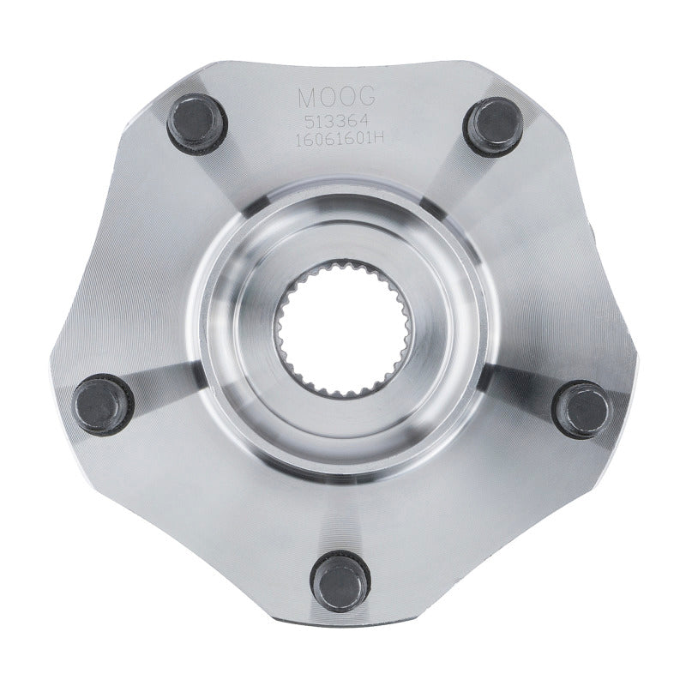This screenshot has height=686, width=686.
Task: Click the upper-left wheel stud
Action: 193,121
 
